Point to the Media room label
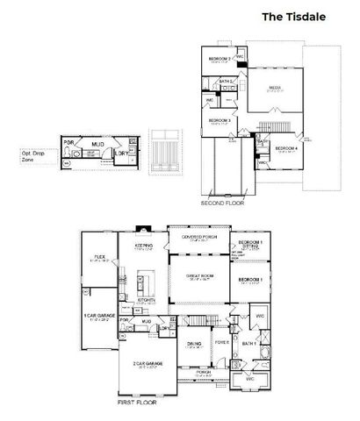275,88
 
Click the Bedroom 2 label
220,60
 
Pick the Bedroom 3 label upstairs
220,120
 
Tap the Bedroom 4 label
286,148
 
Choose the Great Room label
200,276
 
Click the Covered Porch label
199,238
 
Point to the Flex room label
100,257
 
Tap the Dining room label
195,344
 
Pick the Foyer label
222,342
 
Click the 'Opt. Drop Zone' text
34,155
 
